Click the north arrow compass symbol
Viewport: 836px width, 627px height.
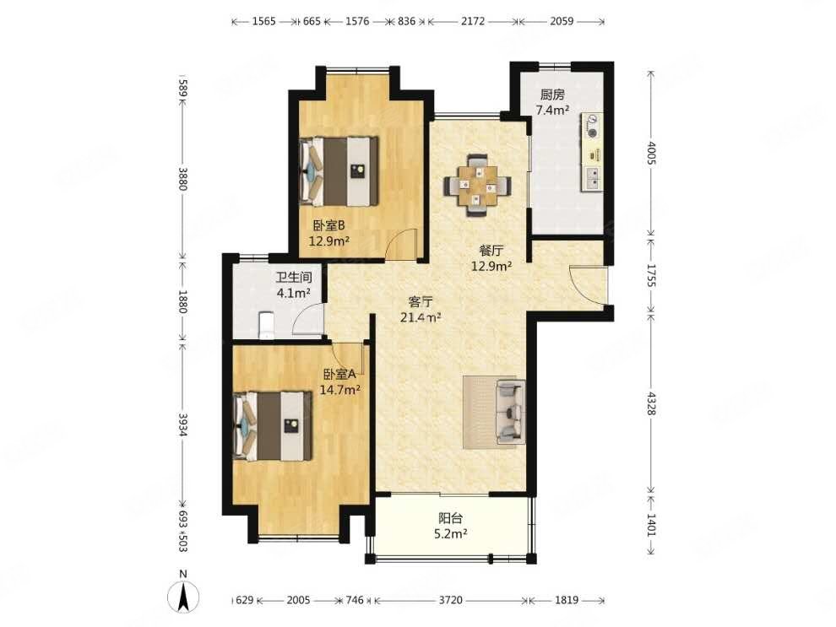tap(183, 596)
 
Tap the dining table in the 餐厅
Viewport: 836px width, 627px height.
tap(477, 186)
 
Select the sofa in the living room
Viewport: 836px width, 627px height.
tap(511, 412)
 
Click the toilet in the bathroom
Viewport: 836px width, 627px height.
tap(265, 326)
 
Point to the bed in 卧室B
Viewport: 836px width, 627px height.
tap(339, 171)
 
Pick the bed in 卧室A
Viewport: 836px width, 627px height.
tap(273, 425)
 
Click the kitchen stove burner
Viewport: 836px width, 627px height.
tap(592, 127)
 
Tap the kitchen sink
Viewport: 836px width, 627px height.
tap(592, 178)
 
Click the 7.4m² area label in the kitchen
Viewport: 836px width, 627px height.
tap(552, 111)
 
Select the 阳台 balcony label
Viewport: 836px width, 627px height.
tap(451, 518)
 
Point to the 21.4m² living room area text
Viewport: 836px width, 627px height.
tap(421, 318)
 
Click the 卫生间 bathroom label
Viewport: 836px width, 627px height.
tap(294, 278)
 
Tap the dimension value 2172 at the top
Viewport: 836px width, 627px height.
tap(473, 21)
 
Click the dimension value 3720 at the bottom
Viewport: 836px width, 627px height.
tap(451, 600)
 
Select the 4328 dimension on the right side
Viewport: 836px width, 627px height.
tap(651, 403)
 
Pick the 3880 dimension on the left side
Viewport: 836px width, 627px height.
tap(183, 179)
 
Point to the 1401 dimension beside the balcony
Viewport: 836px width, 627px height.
tap(651, 524)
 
